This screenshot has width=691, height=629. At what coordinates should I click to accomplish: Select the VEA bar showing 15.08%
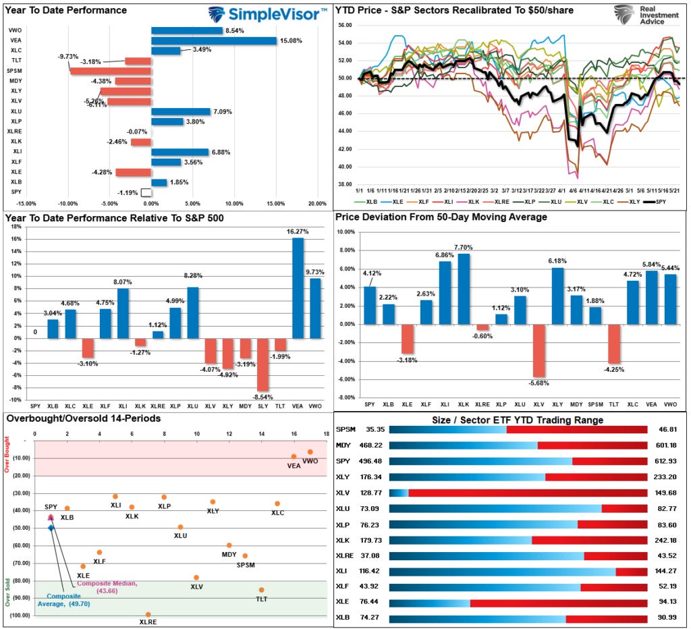(x=213, y=40)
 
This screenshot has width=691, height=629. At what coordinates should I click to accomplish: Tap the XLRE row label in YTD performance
(x=14, y=131)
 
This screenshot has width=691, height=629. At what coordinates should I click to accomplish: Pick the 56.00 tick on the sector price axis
(x=344, y=25)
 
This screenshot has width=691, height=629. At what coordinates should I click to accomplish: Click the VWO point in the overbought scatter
(x=310, y=452)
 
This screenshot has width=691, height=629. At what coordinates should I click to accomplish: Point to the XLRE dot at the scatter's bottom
(x=148, y=614)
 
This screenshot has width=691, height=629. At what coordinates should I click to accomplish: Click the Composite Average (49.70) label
(x=64, y=601)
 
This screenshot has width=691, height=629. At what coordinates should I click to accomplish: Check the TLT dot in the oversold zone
(x=261, y=590)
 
